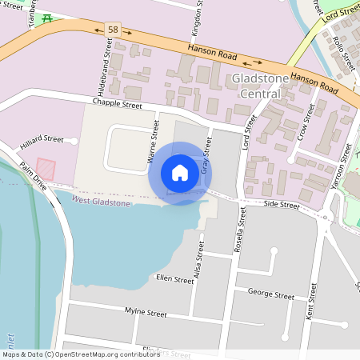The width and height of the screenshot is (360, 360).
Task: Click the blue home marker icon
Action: click(x=180, y=173)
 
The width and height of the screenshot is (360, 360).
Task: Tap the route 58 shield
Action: click(x=112, y=29)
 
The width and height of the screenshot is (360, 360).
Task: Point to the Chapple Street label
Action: click(x=117, y=103)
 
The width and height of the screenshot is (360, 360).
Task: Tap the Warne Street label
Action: click(x=154, y=146)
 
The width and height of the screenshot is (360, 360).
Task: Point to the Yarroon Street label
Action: click(x=341, y=166)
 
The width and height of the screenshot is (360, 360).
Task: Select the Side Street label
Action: click(x=282, y=206)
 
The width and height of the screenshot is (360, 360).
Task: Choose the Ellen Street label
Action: click(x=175, y=280)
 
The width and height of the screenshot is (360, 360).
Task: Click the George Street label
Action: click(x=270, y=295)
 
